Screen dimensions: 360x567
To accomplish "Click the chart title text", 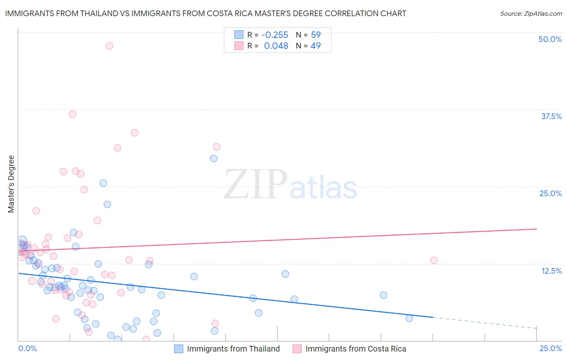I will point(205,13).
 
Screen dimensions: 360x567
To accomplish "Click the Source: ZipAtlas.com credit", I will point(531,13).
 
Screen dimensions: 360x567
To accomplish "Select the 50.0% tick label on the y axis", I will point(550,39).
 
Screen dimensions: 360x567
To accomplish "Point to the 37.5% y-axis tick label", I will point(551,116).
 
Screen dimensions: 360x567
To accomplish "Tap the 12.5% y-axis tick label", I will point(551,271).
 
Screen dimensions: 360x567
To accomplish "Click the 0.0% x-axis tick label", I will point(27,348).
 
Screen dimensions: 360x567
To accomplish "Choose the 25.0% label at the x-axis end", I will point(550,348).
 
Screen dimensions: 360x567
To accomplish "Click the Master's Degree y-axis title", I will point(11,184).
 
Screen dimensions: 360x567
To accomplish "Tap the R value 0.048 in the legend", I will point(276,46).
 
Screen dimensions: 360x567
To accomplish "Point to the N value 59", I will point(316,35).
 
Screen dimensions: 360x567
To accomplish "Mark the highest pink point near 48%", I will point(109,46).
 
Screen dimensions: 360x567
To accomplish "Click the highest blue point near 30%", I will point(214,158).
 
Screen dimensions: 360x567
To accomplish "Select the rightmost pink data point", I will point(434,260).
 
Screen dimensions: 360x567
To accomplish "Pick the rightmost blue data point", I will point(409,318).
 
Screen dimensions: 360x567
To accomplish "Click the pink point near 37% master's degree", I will point(73,114).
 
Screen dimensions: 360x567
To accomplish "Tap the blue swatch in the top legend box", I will point(239,35).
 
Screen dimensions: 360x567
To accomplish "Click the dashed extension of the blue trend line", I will point(484,322).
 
